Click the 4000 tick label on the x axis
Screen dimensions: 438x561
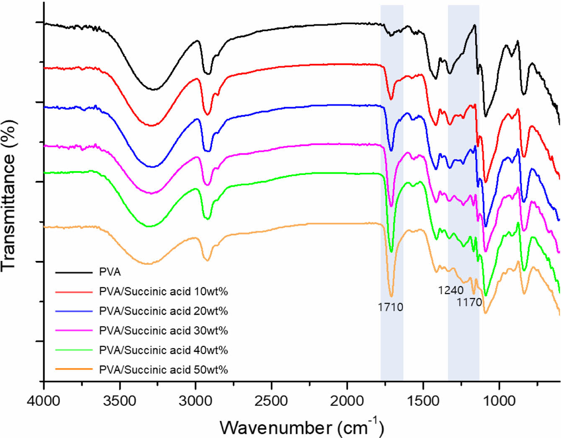point(44,401)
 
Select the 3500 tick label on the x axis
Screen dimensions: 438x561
point(120,401)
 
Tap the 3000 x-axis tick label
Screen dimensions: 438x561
point(196,401)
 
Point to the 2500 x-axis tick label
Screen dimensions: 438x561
point(271,401)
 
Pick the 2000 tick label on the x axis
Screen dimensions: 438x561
point(347,401)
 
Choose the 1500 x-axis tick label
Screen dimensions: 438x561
point(423,401)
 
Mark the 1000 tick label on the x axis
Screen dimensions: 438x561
point(499,401)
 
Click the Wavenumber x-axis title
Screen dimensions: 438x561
point(302,427)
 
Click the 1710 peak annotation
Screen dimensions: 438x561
point(390,307)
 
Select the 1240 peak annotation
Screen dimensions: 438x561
point(451,290)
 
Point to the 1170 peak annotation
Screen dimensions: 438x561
point(469,302)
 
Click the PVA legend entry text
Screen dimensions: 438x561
point(110,272)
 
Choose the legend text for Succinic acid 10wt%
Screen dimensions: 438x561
point(163,292)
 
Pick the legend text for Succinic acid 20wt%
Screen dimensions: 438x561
point(163,311)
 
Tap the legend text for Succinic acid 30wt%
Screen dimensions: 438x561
point(163,331)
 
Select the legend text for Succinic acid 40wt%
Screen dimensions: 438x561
point(163,350)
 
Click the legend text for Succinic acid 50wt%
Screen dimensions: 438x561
point(163,370)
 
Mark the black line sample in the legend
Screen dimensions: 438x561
point(74,272)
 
